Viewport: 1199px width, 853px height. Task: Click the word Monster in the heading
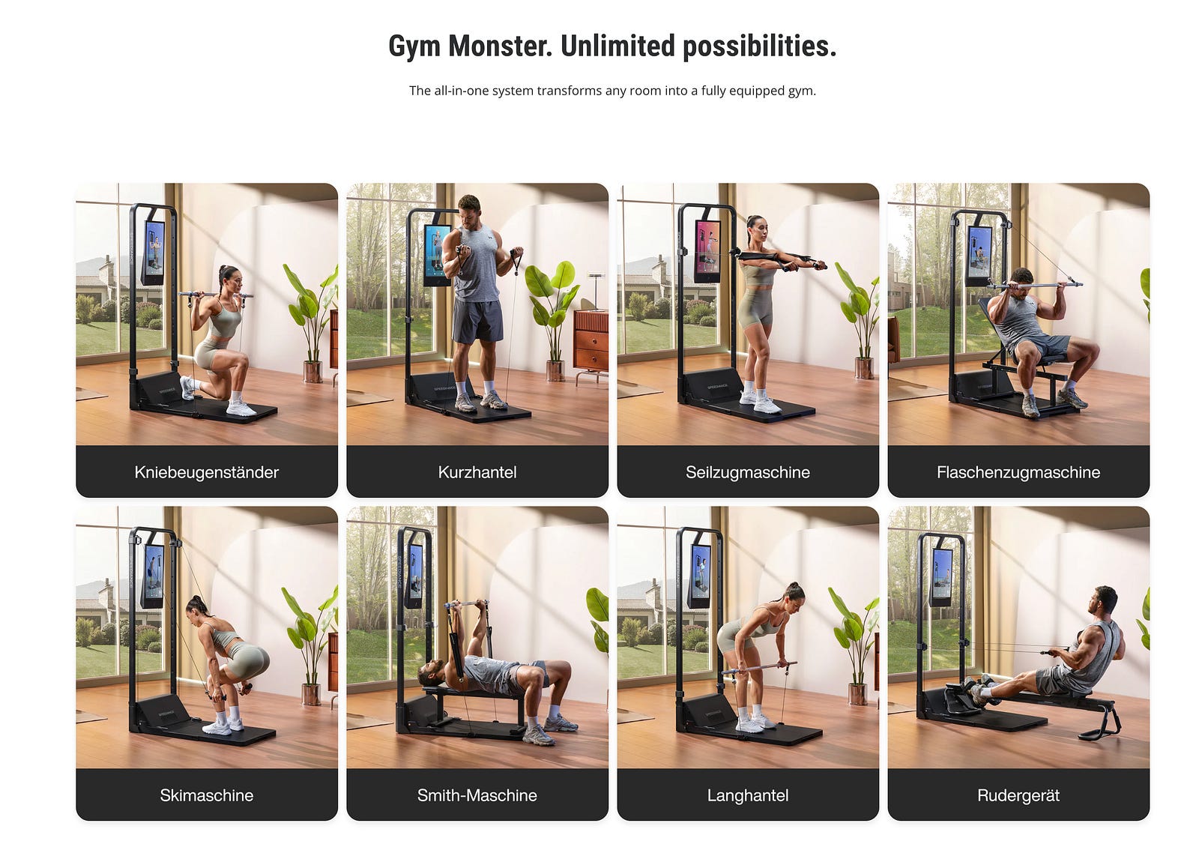coord(500,46)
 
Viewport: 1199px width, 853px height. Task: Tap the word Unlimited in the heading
coord(617,46)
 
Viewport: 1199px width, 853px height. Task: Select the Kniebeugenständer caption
coord(207,472)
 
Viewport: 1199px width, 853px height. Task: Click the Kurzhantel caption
coord(477,472)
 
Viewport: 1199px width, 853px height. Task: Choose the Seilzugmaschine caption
coord(748,472)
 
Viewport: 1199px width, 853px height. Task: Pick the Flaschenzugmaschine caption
coord(1018,472)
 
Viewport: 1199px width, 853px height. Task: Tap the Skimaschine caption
coord(207,795)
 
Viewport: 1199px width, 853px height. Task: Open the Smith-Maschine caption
coord(477,795)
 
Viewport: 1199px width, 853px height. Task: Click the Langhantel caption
coord(748,796)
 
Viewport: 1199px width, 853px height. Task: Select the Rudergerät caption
coord(1018,796)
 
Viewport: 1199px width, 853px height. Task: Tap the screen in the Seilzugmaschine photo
coord(707,251)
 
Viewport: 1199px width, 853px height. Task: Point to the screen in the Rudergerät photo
coord(942,576)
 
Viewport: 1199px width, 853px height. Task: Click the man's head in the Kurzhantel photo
coord(469,209)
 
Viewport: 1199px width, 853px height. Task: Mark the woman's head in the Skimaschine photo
coord(196,610)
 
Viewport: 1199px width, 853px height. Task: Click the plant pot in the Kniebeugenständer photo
coord(312,372)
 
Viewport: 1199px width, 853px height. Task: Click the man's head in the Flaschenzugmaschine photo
coord(1021,280)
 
